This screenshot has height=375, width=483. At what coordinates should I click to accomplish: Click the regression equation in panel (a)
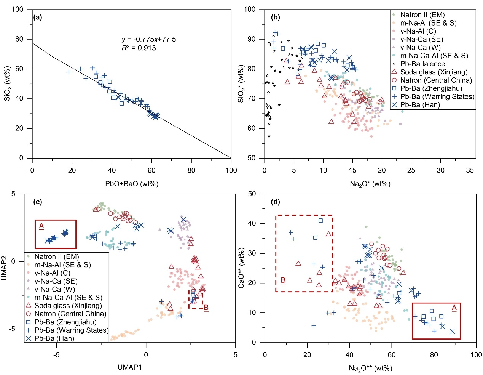[149, 39]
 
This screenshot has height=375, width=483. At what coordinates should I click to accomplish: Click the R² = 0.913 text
[139, 48]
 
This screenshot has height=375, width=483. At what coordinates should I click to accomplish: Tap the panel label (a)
[38, 17]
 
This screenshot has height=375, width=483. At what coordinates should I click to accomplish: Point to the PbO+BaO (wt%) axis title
[132, 184]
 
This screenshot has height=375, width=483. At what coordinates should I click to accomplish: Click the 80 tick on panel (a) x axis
[191, 170]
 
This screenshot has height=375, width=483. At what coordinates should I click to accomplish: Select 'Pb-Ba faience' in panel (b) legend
[422, 64]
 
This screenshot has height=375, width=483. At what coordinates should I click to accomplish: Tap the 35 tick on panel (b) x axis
[470, 170]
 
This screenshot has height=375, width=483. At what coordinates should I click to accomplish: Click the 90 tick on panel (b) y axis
[251, 39]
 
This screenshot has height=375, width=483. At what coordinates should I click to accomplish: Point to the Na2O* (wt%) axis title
[370, 184]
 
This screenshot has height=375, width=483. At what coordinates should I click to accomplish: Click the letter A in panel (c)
[41, 226]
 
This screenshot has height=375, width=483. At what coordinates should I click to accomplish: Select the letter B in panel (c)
[206, 308]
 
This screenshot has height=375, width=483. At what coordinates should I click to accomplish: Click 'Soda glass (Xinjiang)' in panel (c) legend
[68, 306]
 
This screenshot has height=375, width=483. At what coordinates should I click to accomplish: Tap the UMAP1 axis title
[129, 367]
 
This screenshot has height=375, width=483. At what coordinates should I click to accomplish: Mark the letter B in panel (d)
[283, 280]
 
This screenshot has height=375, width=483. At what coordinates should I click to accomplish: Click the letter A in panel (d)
[454, 308]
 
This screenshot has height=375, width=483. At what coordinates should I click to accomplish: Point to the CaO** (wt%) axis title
[241, 268]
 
